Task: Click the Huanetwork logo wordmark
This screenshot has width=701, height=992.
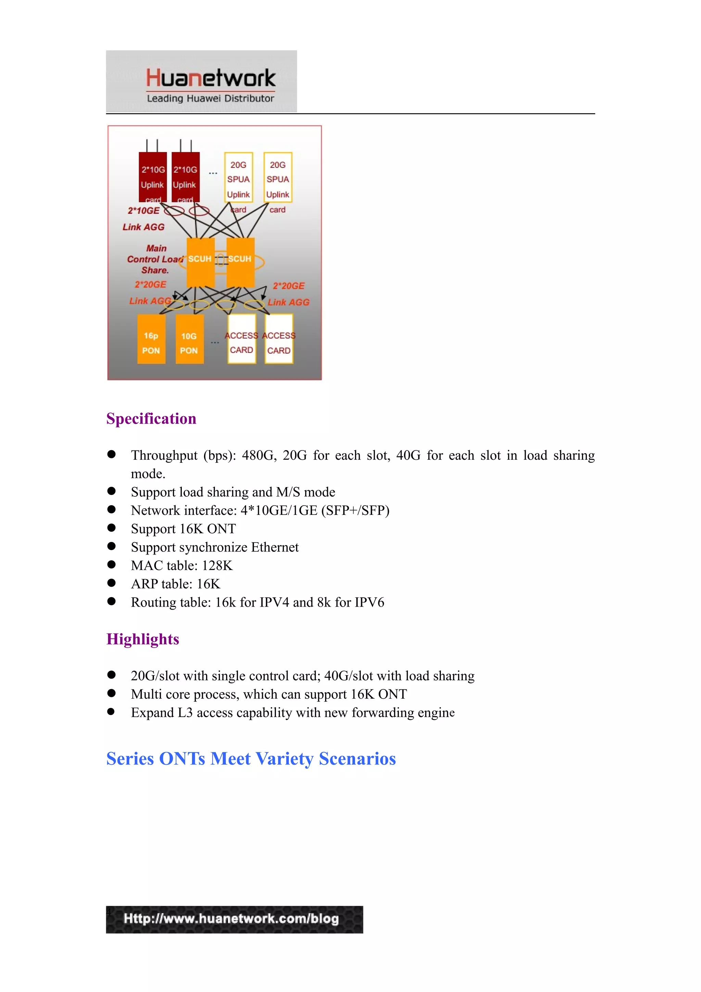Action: point(211,78)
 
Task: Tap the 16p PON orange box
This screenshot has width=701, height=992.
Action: point(151,339)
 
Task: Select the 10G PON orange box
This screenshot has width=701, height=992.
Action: point(189,339)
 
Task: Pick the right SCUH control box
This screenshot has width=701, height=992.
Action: point(240,262)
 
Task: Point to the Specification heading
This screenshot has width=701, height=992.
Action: point(151,419)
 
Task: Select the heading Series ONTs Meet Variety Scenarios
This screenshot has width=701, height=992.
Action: point(251,759)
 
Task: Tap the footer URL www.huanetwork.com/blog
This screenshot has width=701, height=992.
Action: point(231,918)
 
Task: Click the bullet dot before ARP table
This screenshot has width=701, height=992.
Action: point(112,583)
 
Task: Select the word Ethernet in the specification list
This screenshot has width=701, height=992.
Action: point(275,547)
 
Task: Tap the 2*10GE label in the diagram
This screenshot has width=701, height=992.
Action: point(143,211)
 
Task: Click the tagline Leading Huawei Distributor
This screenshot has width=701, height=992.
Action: point(211,99)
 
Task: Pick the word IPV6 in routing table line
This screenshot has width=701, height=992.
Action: point(369,602)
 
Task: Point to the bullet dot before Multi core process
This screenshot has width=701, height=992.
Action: point(112,693)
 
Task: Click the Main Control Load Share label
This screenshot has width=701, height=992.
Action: point(155,259)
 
